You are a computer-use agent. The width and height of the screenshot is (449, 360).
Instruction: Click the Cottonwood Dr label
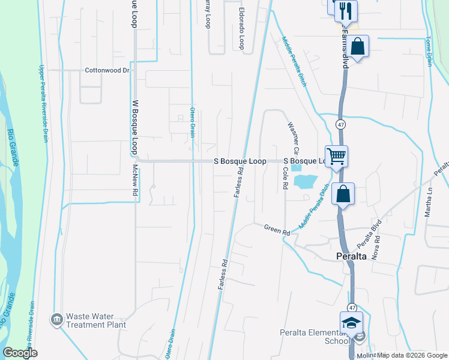click(x=107, y=70)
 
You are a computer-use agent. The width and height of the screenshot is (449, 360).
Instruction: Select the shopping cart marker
click(x=337, y=157)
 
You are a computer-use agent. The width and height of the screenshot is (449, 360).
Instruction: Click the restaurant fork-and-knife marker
click(x=346, y=10)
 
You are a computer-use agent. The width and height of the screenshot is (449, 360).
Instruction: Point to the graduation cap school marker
click(x=351, y=322)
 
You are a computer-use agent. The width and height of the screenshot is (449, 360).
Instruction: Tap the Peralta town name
click(x=351, y=256)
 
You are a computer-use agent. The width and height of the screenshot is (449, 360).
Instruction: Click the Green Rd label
click(x=277, y=229)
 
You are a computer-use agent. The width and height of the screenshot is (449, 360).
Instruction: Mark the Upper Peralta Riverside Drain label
click(x=43, y=103)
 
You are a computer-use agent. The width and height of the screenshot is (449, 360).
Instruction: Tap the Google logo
click(x=20, y=353)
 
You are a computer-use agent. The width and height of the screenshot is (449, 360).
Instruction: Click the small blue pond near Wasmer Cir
click(x=304, y=181)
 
